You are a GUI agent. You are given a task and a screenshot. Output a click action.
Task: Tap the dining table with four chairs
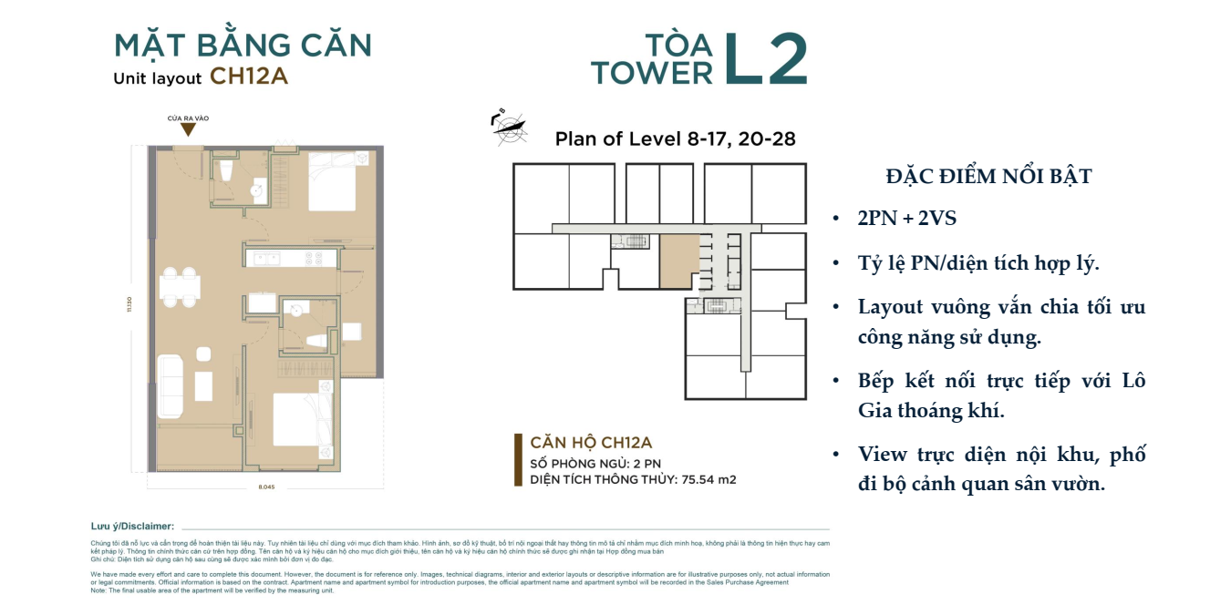click(x=180, y=288)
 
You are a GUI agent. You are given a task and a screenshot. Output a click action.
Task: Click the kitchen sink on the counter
click(x=267, y=259)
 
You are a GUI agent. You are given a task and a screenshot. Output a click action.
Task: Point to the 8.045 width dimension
click(x=266, y=487)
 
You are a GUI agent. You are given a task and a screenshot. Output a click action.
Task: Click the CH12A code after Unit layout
click(x=249, y=77)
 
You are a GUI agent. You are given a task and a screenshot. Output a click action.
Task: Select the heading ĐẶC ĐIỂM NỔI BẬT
click(x=988, y=177)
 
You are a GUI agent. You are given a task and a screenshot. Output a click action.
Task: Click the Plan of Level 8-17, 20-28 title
click(x=675, y=139)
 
